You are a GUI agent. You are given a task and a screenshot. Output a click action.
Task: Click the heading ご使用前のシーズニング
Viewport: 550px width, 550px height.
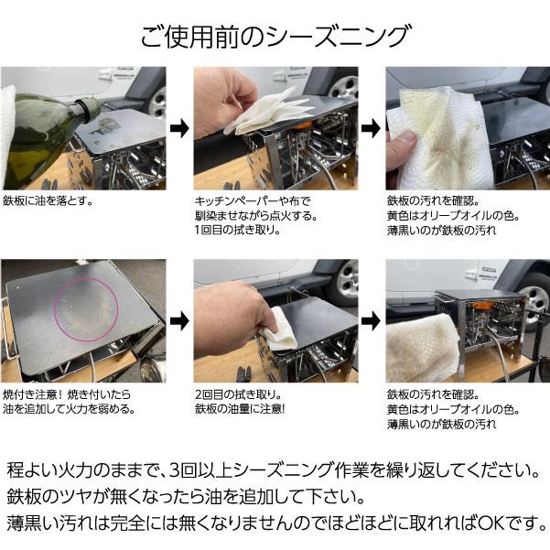pos(275,37)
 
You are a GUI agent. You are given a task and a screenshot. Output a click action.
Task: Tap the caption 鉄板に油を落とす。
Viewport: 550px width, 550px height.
pos(49,201)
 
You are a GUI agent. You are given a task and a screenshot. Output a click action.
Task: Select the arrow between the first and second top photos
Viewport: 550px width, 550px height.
pos(179,128)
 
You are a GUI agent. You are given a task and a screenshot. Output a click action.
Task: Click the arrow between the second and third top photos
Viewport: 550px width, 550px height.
pos(371,128)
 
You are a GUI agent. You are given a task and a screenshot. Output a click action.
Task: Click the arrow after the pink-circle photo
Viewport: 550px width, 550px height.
pos(179,321)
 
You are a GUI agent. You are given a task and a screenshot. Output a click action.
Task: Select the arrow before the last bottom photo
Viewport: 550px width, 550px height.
pos(371,321)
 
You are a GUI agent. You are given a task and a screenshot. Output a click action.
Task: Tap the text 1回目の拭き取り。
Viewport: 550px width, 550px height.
pos(238,230)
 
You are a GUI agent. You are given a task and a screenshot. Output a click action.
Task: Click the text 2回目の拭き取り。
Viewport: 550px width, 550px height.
pos(239,394)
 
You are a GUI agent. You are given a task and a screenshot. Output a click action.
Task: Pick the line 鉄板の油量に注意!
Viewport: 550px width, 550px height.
pos(240,409)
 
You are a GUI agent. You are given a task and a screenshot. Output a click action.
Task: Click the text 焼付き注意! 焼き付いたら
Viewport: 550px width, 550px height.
pos(67,394)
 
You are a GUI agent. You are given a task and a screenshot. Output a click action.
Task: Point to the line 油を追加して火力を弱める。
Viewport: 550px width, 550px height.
pos(70,409)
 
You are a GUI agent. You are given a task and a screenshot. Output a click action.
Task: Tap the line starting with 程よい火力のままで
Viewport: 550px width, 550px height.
pos(274,470)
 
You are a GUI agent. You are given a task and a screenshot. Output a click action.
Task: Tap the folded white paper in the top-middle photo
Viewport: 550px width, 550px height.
pos(268,113)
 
